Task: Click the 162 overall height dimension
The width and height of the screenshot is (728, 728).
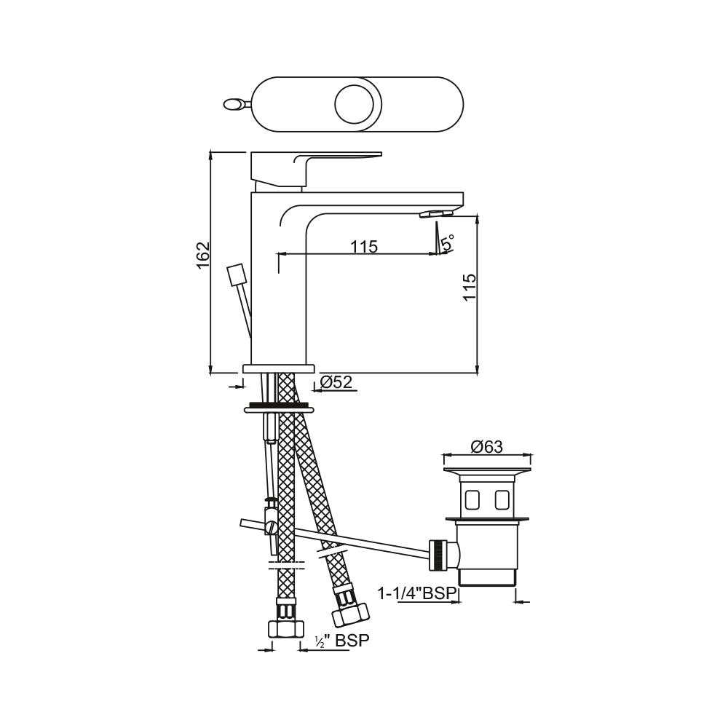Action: coord(203,256)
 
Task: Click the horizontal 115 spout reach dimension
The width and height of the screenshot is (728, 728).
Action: coord(364,247)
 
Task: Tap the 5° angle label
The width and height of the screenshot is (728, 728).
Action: coord(448,243)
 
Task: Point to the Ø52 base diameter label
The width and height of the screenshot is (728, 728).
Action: coord(336,382)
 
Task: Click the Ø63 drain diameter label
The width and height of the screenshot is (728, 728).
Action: coord(486,447)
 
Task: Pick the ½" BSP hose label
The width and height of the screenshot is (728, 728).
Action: coord(342,641)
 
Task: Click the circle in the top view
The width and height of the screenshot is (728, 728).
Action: coord(355,104)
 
